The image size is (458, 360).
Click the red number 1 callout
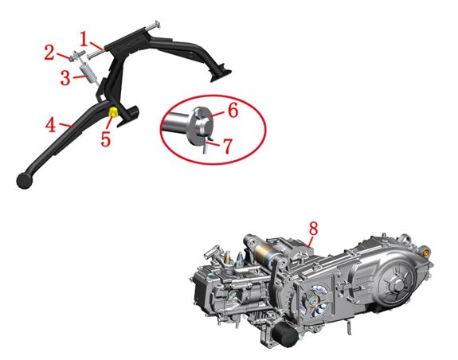tap(84, 39)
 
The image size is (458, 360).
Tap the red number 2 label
tap(49, 53)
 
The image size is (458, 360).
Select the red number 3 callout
tap(65, 78)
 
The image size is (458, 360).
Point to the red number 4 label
tap(50, 125)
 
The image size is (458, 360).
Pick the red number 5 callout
tap(106, 139)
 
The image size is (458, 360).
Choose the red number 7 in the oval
tap(228, 146)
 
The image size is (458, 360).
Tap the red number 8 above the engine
tap(313, 229)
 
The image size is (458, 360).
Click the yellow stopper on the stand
tap(113, 112)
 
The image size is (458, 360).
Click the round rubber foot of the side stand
tap(25, 181)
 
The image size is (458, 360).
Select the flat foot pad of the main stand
tap(221, 76)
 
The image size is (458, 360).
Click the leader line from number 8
tap(311, 242)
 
